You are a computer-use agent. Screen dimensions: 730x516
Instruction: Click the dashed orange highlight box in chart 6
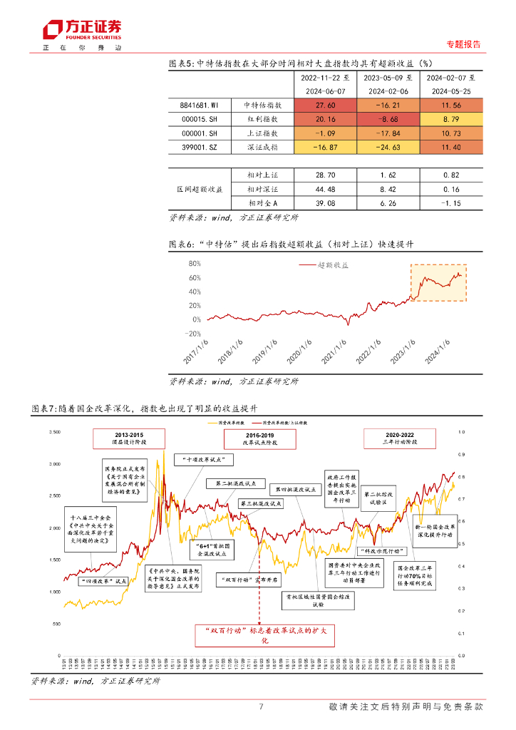[438, 282]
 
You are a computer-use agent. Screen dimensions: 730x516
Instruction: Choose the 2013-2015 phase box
[128, 438]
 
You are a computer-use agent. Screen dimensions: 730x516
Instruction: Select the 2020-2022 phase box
[399, 438]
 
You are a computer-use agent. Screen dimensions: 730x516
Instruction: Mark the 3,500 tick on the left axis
[54, 432]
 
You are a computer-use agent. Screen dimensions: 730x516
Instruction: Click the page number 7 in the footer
[261, 707]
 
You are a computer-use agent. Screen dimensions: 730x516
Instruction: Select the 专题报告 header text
[463, 44]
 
